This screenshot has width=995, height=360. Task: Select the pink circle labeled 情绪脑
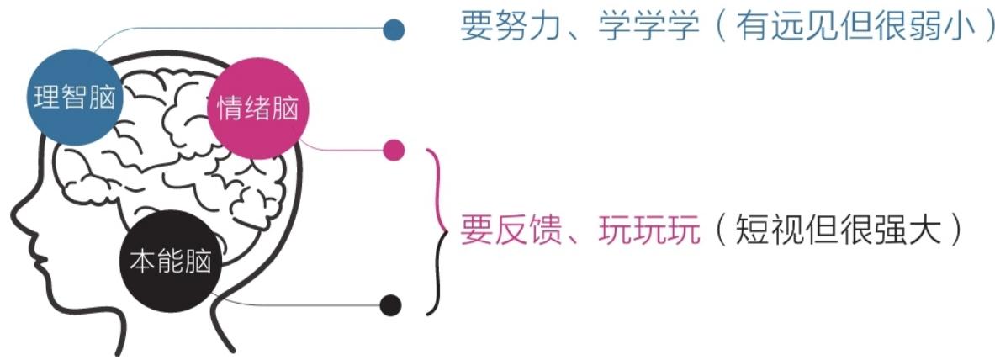(257, 108)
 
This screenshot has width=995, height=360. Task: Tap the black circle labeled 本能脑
(171, 262)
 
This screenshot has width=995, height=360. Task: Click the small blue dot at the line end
(394, 29)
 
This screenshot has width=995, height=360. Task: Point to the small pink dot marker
(394, 151)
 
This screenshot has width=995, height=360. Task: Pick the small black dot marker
(391, 305)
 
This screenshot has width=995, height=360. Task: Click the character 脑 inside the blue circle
(102, 98)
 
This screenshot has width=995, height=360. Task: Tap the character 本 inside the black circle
(143, 262)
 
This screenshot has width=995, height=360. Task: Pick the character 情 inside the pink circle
(230, 109)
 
